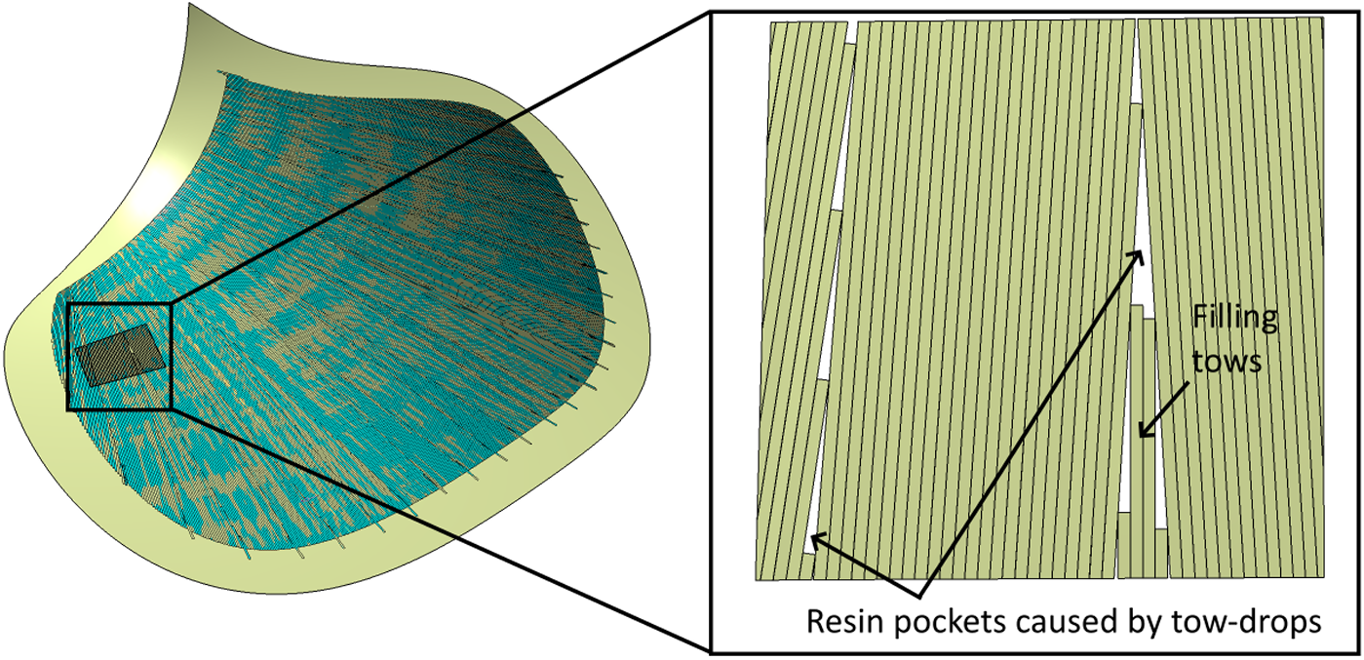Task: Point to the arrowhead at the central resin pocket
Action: point(1138,256)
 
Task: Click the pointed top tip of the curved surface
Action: point(189,4)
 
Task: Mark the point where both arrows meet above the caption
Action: point(919,596)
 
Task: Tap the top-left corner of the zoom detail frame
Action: point(710,12)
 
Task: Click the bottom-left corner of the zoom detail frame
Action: point(710,654)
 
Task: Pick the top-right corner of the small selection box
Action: point(172,303)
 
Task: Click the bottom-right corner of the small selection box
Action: point(172,408)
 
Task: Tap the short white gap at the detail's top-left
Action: point(851,33)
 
